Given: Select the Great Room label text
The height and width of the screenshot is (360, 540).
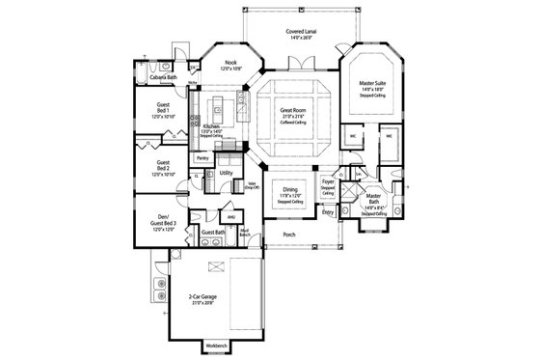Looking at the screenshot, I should click(x=292, y=111).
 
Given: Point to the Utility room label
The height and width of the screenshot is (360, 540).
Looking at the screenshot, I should click(x=226, y=173).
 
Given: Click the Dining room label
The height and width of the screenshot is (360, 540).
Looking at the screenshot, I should click(x=290, y=190).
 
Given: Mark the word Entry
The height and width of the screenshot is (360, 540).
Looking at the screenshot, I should click(x=327, y=213).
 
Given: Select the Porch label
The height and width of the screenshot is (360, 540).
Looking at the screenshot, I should click(x=288, y=234).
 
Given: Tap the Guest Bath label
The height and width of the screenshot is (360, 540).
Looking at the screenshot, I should click(x=212, y=233).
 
